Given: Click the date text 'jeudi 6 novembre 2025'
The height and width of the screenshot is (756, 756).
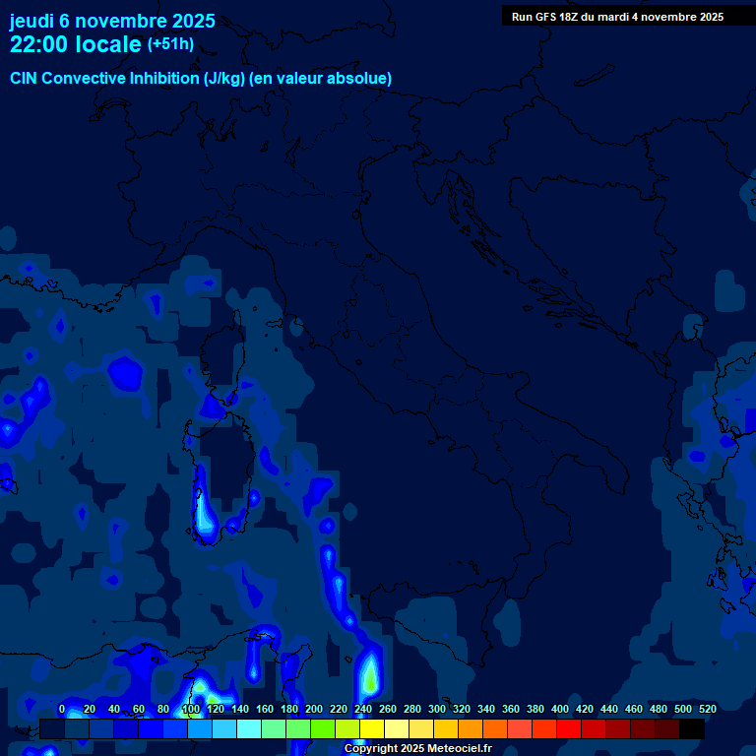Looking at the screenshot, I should [x=112, y=21].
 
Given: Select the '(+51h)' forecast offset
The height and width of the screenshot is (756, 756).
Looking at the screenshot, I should [x=170, y=44].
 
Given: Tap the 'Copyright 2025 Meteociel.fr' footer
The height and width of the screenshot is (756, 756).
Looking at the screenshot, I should [x=417, y=749].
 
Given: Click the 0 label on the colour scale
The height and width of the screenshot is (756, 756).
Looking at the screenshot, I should [x=62, y=709].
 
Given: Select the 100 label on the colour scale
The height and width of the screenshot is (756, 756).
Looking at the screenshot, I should [x=191, y=709].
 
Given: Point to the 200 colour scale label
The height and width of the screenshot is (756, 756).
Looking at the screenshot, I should [x=314, y=709].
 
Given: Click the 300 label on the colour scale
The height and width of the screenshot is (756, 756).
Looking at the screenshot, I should [x=437, y=709].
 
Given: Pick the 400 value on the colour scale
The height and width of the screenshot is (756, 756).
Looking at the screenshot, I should [x=560, y=709].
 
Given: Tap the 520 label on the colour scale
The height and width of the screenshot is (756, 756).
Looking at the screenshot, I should [x=708, y=709].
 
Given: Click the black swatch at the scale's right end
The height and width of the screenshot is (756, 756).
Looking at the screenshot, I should [x=692, y=728].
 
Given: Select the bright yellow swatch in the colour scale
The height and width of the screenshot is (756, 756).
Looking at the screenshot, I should [x=372, y=728].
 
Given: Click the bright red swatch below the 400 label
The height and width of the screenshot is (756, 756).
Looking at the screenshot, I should [x=569, y=728].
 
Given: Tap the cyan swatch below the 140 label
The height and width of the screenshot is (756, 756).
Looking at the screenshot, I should [x=249, y=728].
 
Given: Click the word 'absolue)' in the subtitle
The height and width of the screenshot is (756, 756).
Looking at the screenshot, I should [x=362, y=79].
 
